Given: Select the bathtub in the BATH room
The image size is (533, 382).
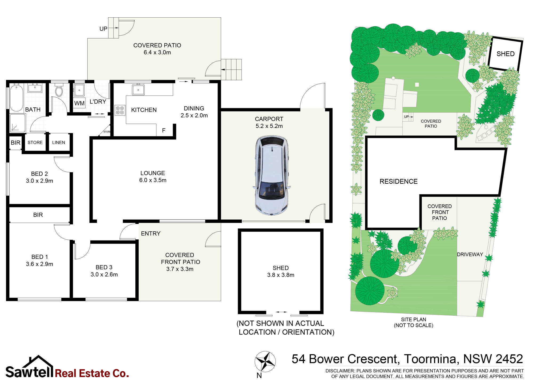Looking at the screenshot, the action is [x=17, y=98].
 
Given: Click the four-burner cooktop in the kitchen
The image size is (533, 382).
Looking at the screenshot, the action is [x=120, y=110].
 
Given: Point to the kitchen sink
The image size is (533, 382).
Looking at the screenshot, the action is [x=138, y=90].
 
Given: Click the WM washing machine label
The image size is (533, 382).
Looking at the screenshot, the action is [x=79, y=103].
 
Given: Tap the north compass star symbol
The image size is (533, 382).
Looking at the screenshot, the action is [x=265, y=361].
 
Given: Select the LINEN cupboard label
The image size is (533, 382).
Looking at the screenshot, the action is [x=59, y=143].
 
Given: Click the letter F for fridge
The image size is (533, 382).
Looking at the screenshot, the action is [x=164, y=130].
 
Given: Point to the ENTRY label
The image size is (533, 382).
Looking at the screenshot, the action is [x=151, y=234].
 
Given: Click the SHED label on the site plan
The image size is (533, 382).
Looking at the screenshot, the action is [x=506, y=54].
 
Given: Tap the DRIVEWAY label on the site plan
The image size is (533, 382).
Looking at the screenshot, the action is [x=470, y=255].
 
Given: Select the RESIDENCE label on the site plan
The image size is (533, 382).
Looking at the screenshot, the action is [x=398, y=182].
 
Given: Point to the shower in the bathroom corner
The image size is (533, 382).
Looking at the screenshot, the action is [x=18, y=123].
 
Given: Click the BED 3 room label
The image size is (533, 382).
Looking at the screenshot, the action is [x=104, y=267].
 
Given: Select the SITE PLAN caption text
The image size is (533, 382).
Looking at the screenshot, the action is [x=414, y=319].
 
